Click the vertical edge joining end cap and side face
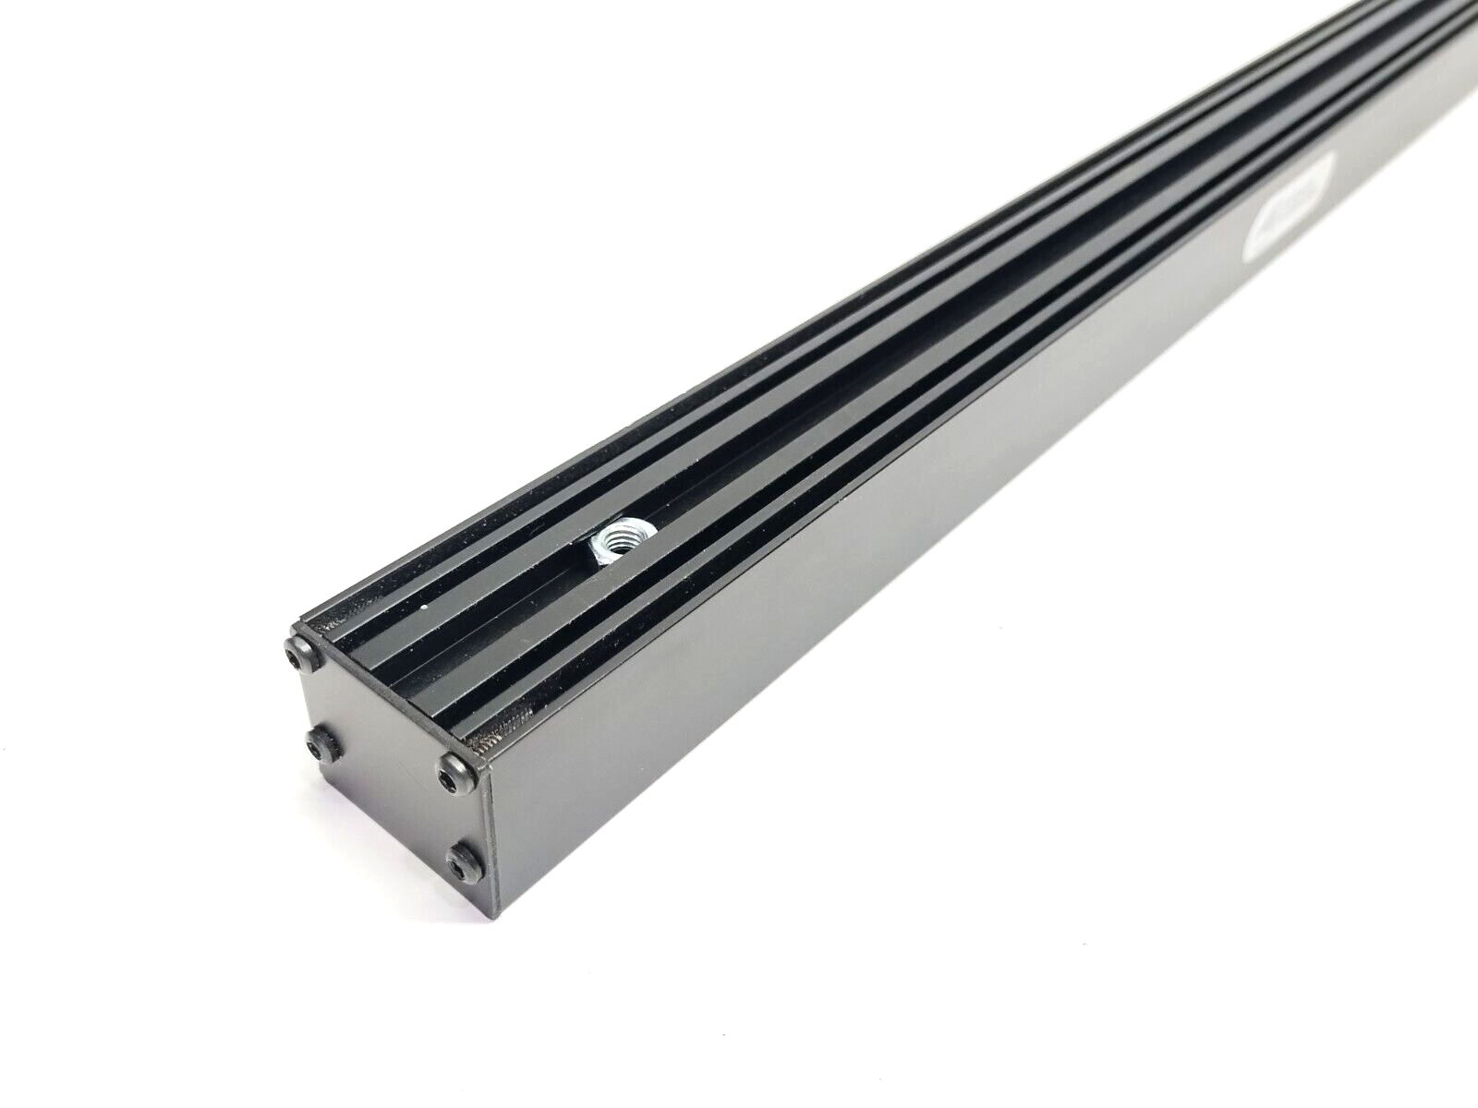coord(489,840)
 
